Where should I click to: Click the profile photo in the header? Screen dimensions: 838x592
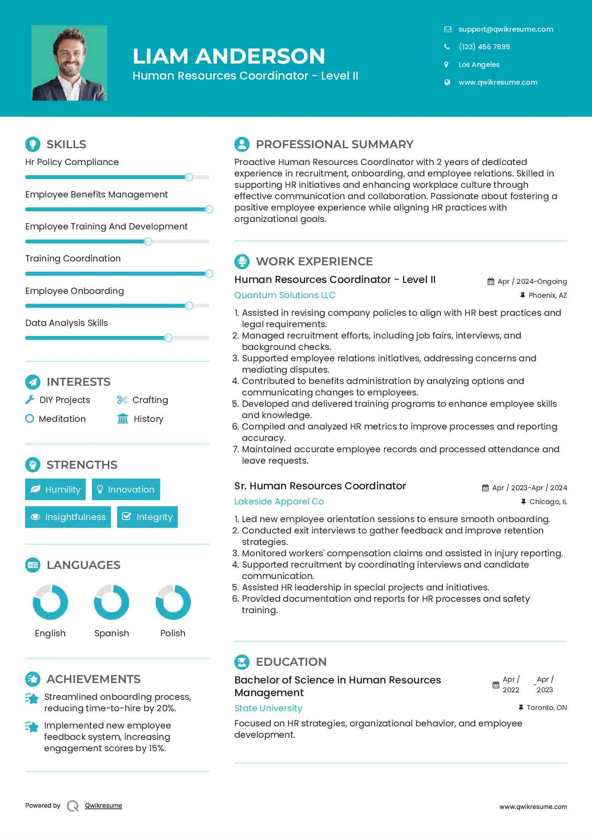[69, 63]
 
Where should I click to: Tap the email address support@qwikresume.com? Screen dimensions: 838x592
[505, 29]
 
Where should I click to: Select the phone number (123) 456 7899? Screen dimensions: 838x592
[484, 47]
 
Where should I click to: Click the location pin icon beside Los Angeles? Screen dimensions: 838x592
[446, 64]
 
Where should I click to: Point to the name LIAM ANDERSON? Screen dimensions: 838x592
[229, 56]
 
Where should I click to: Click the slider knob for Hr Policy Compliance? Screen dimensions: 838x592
[189, 177]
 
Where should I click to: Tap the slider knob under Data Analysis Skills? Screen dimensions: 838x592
[168, 338]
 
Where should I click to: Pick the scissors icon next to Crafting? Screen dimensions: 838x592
[122, 400]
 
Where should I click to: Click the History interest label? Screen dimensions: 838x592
[148, 419]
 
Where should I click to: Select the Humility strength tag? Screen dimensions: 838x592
[56, 489]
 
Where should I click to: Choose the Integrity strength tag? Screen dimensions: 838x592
[147, 517]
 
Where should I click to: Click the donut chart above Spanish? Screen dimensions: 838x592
[111, 602]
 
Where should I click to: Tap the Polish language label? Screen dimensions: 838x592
[173, 633]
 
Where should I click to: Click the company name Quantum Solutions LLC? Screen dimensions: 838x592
[285, 295]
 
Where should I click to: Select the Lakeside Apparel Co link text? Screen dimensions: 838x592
[279, 502]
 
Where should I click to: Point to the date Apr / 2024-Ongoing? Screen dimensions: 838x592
[532, 281]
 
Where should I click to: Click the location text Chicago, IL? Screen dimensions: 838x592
[548, 502]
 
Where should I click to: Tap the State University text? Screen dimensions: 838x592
[268, 708]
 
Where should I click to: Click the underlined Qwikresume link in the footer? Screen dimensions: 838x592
[104, 806]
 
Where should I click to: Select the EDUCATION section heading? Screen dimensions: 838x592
[291, 662]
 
